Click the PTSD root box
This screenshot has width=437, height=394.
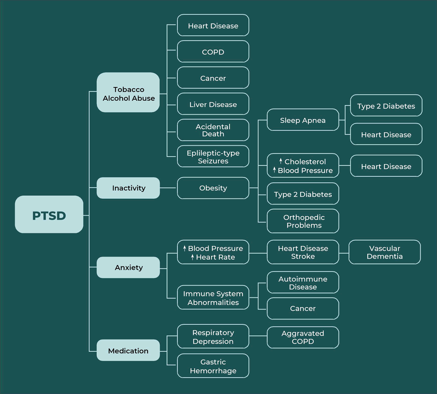click(x=49, y=214)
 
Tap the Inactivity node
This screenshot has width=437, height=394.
click(x=128, y=188)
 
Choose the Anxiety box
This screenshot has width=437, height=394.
click(x=128, y=268)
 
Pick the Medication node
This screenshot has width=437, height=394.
click(x=128, y=350)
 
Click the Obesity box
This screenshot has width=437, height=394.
click(x=213, y=188)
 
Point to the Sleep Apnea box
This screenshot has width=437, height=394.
click(x=303, y=120)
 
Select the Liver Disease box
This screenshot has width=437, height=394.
click(x=213, y=104)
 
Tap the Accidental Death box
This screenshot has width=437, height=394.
click(x=213, y=130)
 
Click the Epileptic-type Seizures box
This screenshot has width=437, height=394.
click(x=213, y=156)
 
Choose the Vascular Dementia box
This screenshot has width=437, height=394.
click(x=384, y=252)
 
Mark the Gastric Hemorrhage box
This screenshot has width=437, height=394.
click(x=213, y=366)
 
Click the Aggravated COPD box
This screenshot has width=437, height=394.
click(x=303, y=337)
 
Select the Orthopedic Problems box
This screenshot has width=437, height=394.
click(x=303, y=221)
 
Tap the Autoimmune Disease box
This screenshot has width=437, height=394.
click(x=303, y=283)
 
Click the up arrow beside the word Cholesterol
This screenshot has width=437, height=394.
click(x=281, y=161)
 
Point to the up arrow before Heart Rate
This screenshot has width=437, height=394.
click(x=192, y=257)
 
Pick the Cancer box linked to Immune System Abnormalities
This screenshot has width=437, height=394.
click(x=303, y=308)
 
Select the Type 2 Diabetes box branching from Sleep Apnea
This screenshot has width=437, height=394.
click(x=386, y=106)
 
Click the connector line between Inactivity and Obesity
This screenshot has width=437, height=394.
click(x=168, y=188)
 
